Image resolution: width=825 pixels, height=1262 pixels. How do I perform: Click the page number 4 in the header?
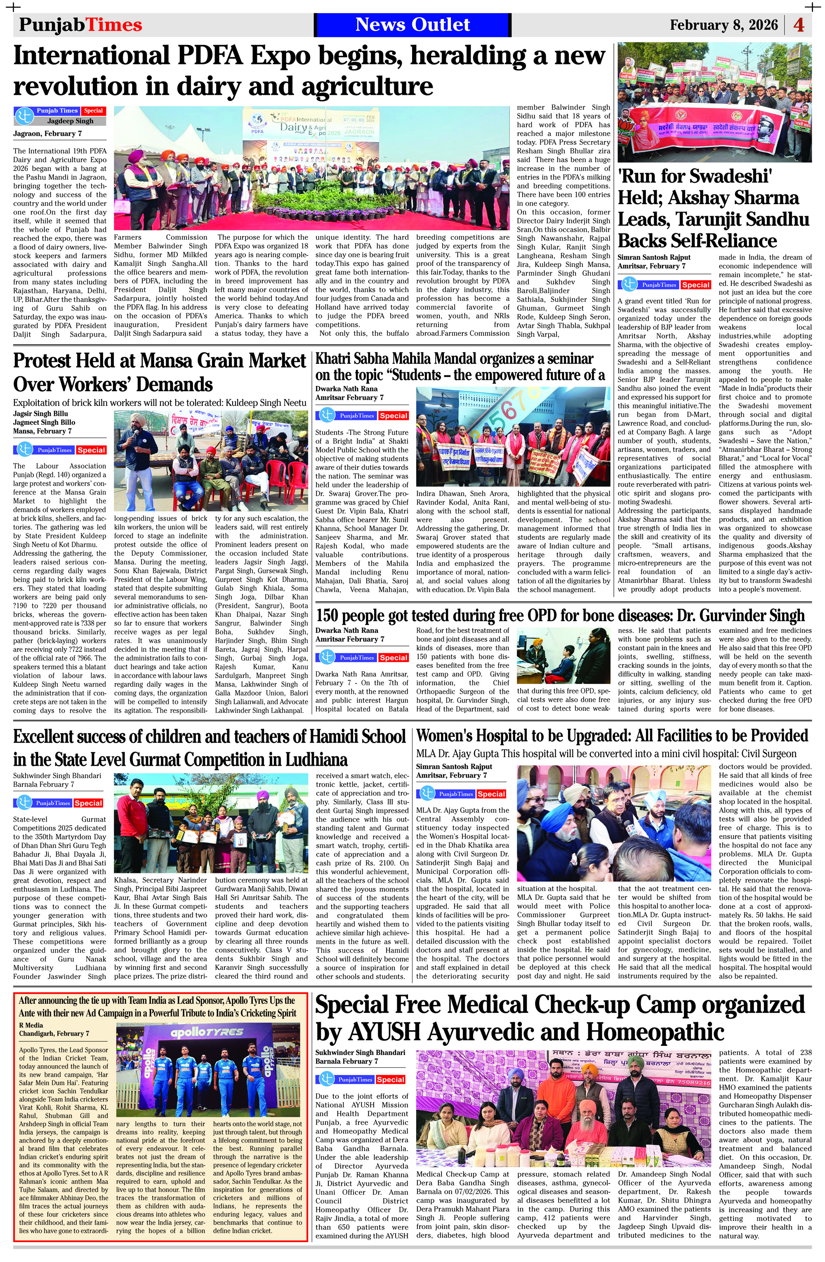799,25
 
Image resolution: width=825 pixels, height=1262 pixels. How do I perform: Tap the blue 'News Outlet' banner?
412,25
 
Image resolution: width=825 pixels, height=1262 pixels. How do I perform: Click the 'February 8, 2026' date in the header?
723,25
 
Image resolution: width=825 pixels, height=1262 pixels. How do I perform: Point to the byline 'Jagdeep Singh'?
70,121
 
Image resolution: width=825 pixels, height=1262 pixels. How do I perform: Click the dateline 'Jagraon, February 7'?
48,134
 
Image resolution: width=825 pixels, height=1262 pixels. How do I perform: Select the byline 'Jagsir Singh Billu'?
40,414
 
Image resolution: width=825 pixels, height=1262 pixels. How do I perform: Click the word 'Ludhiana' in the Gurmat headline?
316,760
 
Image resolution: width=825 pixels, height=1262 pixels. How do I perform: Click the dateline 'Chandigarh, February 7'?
54,1033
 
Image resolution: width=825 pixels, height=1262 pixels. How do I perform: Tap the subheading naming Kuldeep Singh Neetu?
159,403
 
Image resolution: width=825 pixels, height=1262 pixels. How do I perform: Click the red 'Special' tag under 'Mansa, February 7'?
91,450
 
